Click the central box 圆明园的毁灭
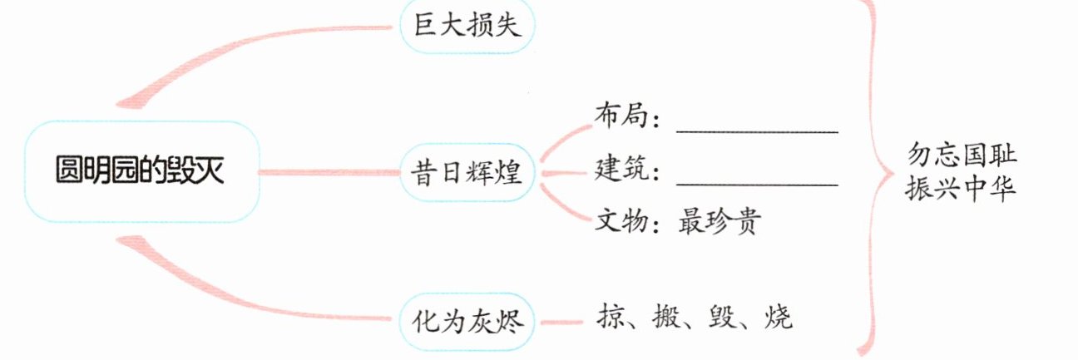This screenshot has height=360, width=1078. tap(142, 172)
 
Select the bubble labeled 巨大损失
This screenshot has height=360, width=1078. tap(467, 27)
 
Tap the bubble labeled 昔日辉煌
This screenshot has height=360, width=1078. tap(467, 173)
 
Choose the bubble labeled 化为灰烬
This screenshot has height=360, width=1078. tap(467, 319)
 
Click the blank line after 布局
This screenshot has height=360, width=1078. tap(757, 131)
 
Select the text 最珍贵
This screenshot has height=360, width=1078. tap(717, 222)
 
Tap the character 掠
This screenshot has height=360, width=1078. tap(611, 317)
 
